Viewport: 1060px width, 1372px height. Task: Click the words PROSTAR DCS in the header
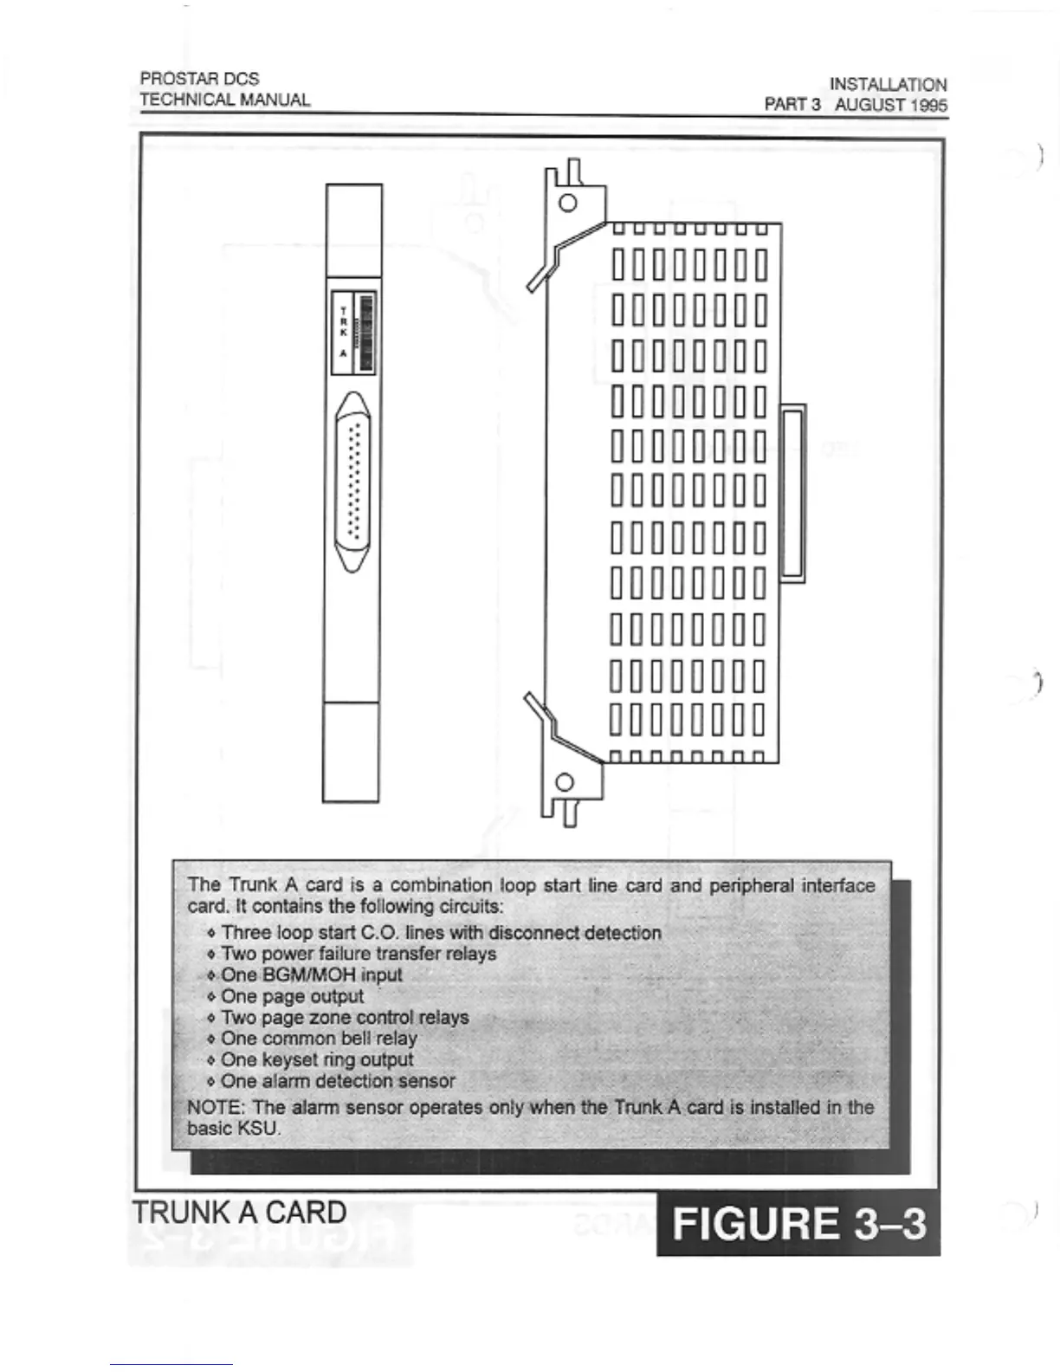pos(199,79)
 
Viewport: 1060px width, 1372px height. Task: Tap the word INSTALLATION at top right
pos(888,85)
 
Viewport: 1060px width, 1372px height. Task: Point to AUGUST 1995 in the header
pos(891,106)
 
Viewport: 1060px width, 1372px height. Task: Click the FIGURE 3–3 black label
pos(798,1224)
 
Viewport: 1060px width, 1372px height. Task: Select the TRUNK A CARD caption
pos(240,1212)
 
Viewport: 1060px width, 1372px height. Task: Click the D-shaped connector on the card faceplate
pos(352,481)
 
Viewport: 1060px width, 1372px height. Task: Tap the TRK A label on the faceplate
pos(343,333)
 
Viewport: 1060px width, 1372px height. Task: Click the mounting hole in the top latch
pos(568,204)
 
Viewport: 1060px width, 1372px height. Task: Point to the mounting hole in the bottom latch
pos(565,782)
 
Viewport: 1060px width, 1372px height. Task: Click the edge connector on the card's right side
pos(792,494)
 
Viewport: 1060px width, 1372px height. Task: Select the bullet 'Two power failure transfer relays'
pos(359,954)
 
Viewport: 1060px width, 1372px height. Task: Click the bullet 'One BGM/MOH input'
pos(311,974)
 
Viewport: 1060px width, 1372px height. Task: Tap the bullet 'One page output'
pos(292,996)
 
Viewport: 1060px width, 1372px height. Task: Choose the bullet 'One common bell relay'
pos(319,1038)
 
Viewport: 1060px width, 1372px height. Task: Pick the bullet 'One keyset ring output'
pos(317,1059)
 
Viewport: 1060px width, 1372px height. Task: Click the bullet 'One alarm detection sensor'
pos(338,1081)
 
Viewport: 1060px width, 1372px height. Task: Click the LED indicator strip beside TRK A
pos(366,333)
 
